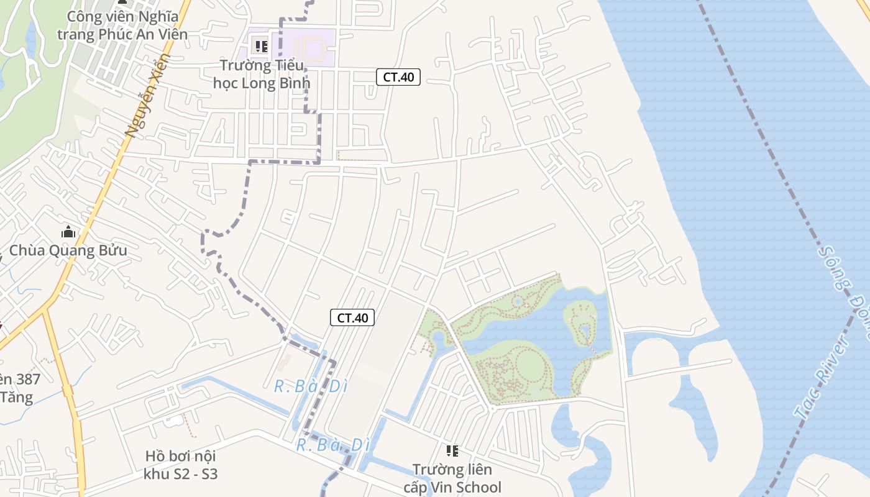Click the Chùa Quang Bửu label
pos(68,251)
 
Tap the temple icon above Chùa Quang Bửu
pos(68,233)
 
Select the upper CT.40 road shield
pos(398,77)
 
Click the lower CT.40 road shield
pos(352,318)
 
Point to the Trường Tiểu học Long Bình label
pos(261,74)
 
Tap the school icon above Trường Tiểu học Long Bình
pos(262,47)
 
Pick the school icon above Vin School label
pos(452,451)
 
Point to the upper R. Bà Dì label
pos(311,386)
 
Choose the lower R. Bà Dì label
pos(333,445)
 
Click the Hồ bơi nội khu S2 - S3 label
pos(180,465)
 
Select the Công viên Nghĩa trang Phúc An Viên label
pos(122,25)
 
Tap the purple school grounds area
pos(311,47)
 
